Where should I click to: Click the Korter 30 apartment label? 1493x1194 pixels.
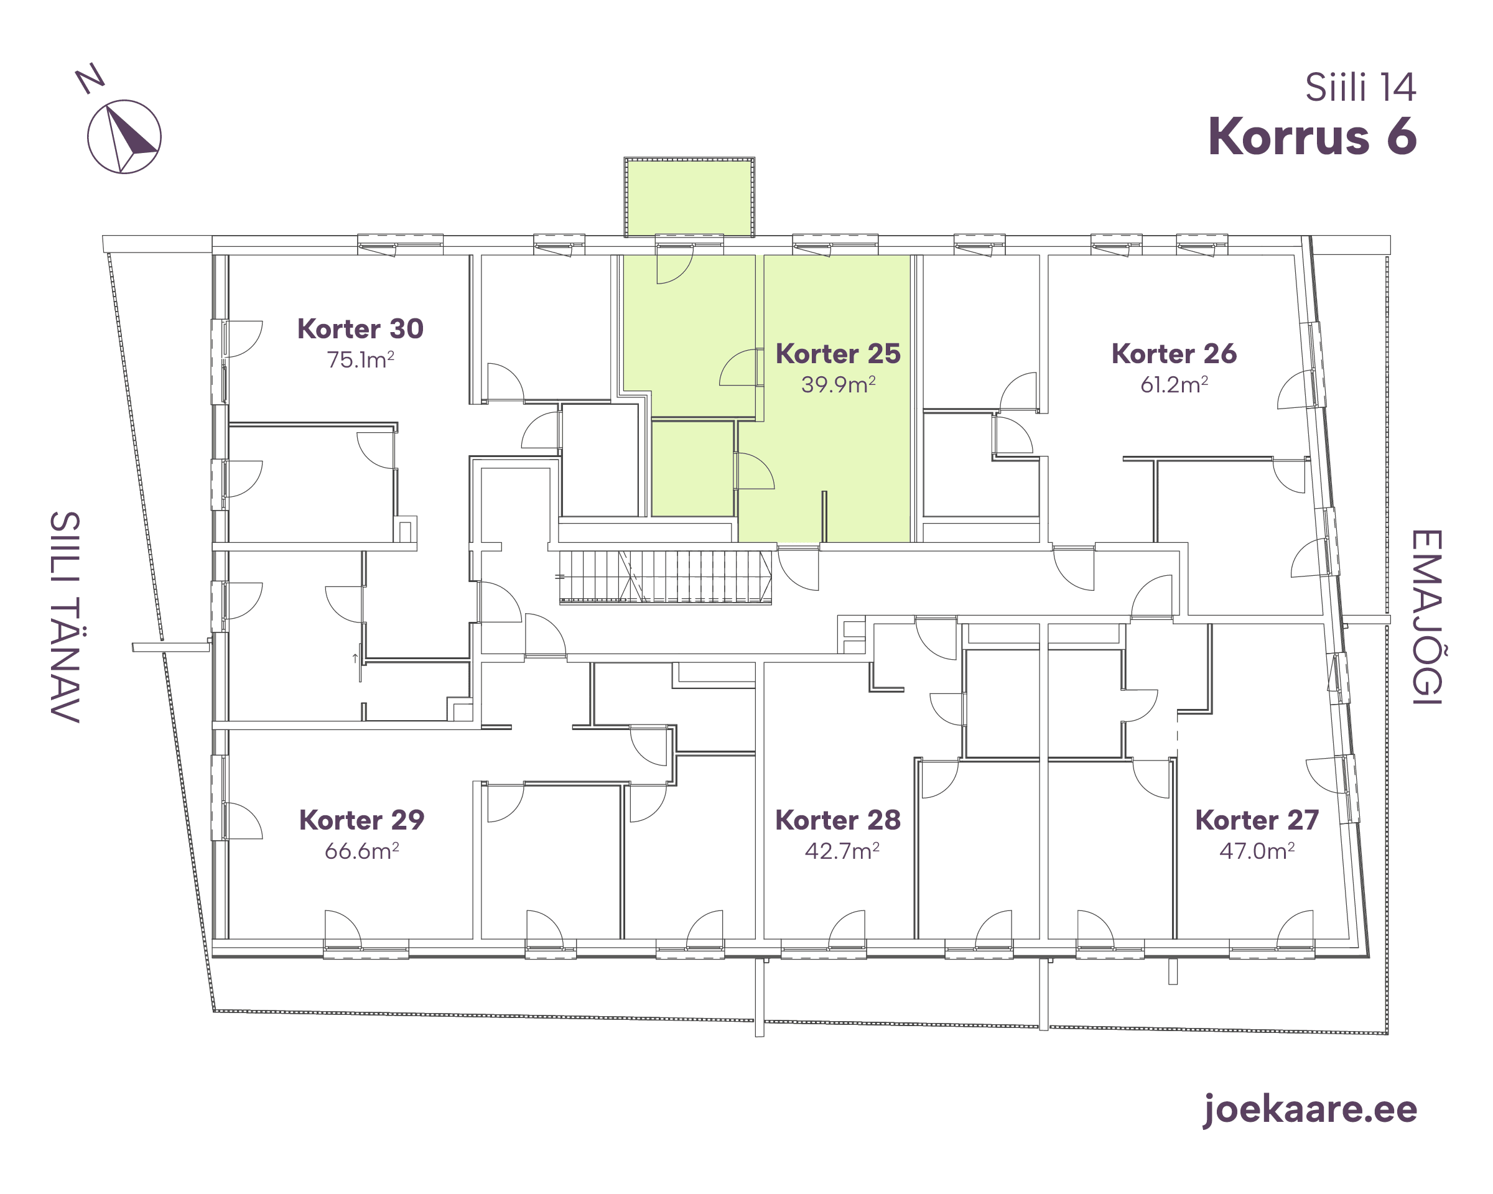coord(360,329)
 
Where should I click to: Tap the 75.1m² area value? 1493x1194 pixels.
coord(361,359)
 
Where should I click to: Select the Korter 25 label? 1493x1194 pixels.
coord(838,354)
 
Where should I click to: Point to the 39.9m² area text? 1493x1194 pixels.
coord(839,384)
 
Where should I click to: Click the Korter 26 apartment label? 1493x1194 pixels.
coord(1174,354)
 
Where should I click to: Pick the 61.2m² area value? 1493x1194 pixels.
coord(1174,384)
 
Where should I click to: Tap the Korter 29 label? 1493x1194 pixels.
coord(361,820)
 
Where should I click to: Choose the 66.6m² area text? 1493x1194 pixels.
coord(362,851)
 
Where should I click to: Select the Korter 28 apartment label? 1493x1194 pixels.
coord(838,820)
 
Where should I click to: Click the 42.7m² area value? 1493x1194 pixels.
coord(842,851)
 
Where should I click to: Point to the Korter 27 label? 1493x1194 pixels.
coord(1257,820)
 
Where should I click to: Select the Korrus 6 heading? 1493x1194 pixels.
coord(1312,136)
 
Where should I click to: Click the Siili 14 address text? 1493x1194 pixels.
coord(1360,88)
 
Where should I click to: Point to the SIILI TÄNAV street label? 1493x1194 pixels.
coord(65,618)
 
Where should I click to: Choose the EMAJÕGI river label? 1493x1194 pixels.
coord(1426,618)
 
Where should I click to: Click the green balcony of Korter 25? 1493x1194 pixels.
coord(689,198)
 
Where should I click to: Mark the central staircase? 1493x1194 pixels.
coord(666,577)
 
